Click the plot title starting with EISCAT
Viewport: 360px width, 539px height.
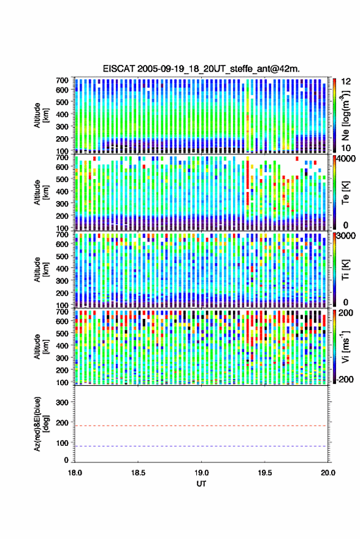click(x=201, y=69)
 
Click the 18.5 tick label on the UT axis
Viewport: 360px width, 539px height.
click(x=138, y=473)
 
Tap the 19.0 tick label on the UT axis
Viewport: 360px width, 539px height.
click(x=202, y=473)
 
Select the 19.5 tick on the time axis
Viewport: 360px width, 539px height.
click(x=265, y=473)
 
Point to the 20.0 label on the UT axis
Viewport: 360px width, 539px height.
click(x=328, y=473)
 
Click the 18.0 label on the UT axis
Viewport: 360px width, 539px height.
click(x=75, y=473)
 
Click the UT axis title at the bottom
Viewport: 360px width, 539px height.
click(x=202, y=484)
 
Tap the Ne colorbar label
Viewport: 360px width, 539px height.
click(x=345, y=115)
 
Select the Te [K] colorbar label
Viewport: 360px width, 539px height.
click(x=345, y=193)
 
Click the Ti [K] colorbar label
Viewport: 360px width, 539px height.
click(x=345, y=270)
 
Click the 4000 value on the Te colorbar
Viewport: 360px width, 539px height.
click(x=345, y=159)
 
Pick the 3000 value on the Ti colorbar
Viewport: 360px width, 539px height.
click(x=346, y=236)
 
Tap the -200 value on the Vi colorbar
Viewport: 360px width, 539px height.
click(x=344, y=380)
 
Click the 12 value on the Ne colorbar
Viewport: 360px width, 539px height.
click(x=346, y=82)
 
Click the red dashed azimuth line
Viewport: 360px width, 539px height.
click(x=202, y=426)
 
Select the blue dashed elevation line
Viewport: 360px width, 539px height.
click(x=202, y=446)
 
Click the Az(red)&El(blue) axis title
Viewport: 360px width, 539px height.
click(x=40, y=424)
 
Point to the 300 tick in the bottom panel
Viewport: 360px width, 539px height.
click(x=62, y=402)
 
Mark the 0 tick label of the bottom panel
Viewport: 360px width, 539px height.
click(x=66, y=460)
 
